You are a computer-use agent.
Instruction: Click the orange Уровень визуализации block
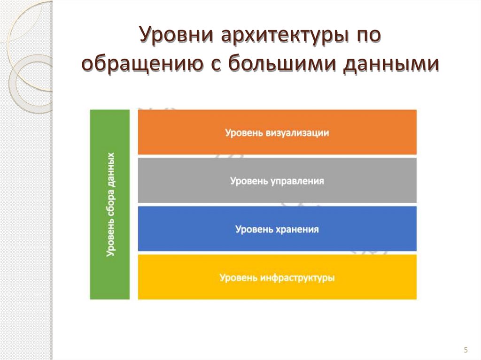pos(277,132)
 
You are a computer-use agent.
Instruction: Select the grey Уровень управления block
pos(277,181)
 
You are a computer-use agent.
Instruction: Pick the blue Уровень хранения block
pos(277,229)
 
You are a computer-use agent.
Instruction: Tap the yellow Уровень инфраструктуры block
pos(277,277)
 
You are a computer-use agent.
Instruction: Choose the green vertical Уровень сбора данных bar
pos(110,204)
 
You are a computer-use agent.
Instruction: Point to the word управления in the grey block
pos(297,181)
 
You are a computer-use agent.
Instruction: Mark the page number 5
pos(465,350)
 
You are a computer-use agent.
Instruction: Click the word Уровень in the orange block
pos(240,133)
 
